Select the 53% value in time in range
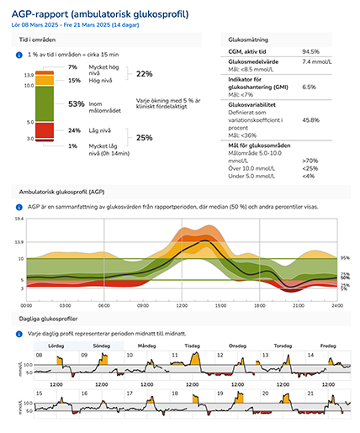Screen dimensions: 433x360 (x=76, y=104)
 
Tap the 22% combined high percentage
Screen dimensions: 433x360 (x=144, y=74)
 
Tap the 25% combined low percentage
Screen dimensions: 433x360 (x=144, y=138)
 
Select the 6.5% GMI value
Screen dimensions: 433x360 (x=309, y=87)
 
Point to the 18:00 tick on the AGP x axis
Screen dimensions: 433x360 (x=260, y=305)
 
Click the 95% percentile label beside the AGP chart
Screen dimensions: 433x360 (x=345, y=257)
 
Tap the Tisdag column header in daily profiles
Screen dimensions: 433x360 (x=192, y=346)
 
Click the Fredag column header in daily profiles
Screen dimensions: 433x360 (x=329, y=346)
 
